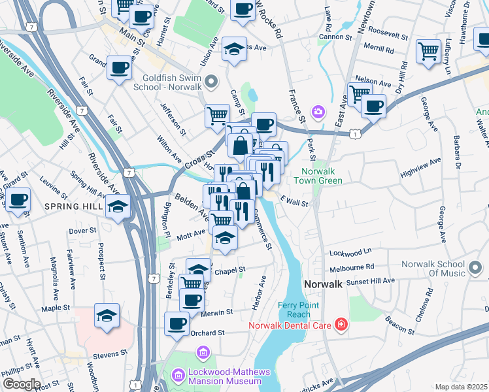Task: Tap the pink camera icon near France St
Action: click(318, 112)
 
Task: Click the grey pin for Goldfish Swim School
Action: click(211, 82)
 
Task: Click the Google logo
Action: click(21, 384)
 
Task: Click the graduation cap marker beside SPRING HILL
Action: click(118, 207)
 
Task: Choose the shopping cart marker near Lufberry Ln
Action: click(428, 50)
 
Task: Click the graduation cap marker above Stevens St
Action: click(107, 316)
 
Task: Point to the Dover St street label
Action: click(82, 231)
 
